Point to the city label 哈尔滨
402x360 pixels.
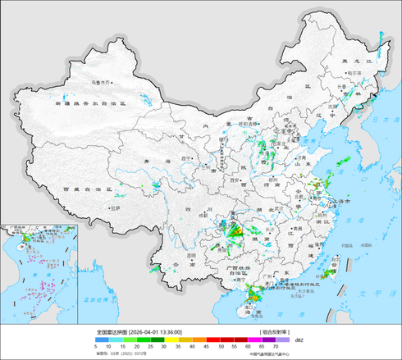[354, 73]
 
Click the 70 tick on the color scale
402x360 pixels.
[286, 348]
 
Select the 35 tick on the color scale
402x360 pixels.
[185, 348]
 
